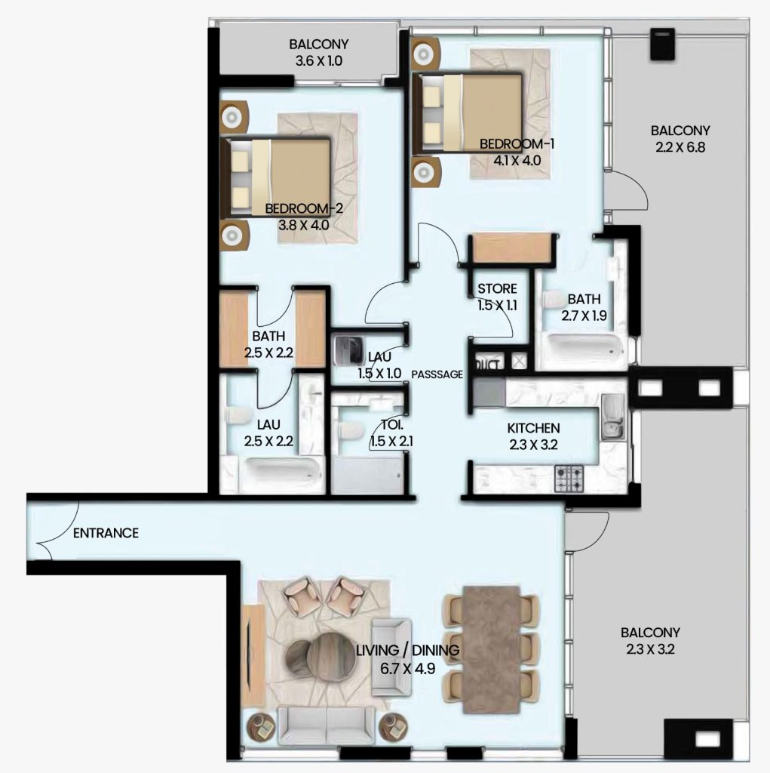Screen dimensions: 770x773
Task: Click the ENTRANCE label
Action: pyautogui.click(x=106, y=533)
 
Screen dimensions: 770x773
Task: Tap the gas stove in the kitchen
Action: pyautogui.click(x=569, y=478)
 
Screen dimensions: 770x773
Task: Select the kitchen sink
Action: pyautogui.click(x=612, y=417)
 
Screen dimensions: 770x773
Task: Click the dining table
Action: pyautogui.click(x=491, y=649)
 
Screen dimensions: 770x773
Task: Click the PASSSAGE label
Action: pyautogui.click(x=437, y=374)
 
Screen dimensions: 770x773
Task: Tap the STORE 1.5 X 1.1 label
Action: pyautogui.click(x=497, y=297)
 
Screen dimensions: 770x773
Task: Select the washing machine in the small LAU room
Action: pyautogui.click(x=349, y=350)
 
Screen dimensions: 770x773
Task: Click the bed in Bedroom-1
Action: pyautogui.click(x=468, y=112)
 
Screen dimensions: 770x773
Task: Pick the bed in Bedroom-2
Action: pyautogui.click(x=275, y=177)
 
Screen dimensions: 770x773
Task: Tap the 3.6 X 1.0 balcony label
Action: pyautogui.click(x=319, y=61)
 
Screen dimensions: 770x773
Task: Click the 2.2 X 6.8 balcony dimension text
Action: pyautogui.click(x=680, y=147)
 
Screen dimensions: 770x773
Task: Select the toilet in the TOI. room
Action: pyautogui.click(x=348, y=429)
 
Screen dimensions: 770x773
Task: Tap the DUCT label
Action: pyautogui.click(x=488, y=365)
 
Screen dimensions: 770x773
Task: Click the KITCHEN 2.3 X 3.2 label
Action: pyautogui.click(x=533, y=436)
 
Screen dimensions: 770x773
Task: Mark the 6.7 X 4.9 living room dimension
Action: pyautogui.click(x=407, y=669)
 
